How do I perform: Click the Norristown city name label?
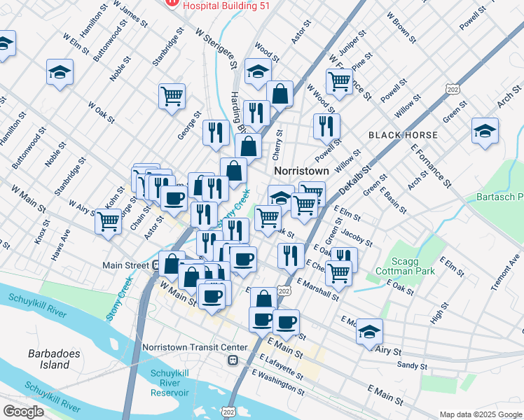301,170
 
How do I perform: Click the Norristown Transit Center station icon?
231,360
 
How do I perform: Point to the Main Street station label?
125,265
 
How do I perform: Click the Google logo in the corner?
23,412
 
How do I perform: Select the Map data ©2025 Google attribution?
480,414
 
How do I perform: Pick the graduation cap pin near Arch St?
485,131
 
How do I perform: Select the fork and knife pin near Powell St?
326,126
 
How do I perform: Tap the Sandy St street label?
411,365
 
